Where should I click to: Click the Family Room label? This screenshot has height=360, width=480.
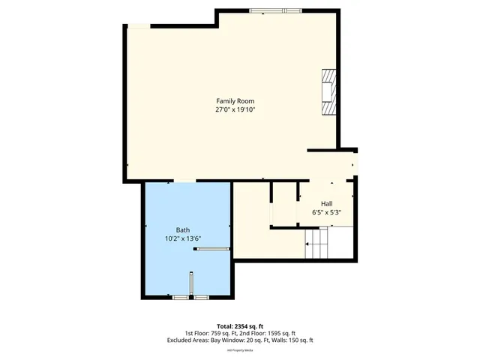point(236,100)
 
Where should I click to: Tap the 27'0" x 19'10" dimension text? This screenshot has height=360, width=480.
point(236,109)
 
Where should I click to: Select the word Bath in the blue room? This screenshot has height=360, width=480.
point(183,229)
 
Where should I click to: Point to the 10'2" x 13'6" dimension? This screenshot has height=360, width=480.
point(183,238)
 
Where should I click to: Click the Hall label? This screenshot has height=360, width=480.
point(327,203)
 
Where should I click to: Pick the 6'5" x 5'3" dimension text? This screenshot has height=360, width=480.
point(327,212)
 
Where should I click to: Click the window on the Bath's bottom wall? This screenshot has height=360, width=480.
point(190,298)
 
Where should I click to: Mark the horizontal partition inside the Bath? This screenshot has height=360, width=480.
point(211,250)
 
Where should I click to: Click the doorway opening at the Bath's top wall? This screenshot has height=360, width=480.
point(184,181)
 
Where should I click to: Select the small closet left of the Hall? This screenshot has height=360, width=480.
point(283,203)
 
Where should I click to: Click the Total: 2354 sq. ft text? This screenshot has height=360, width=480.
point(240,326)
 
